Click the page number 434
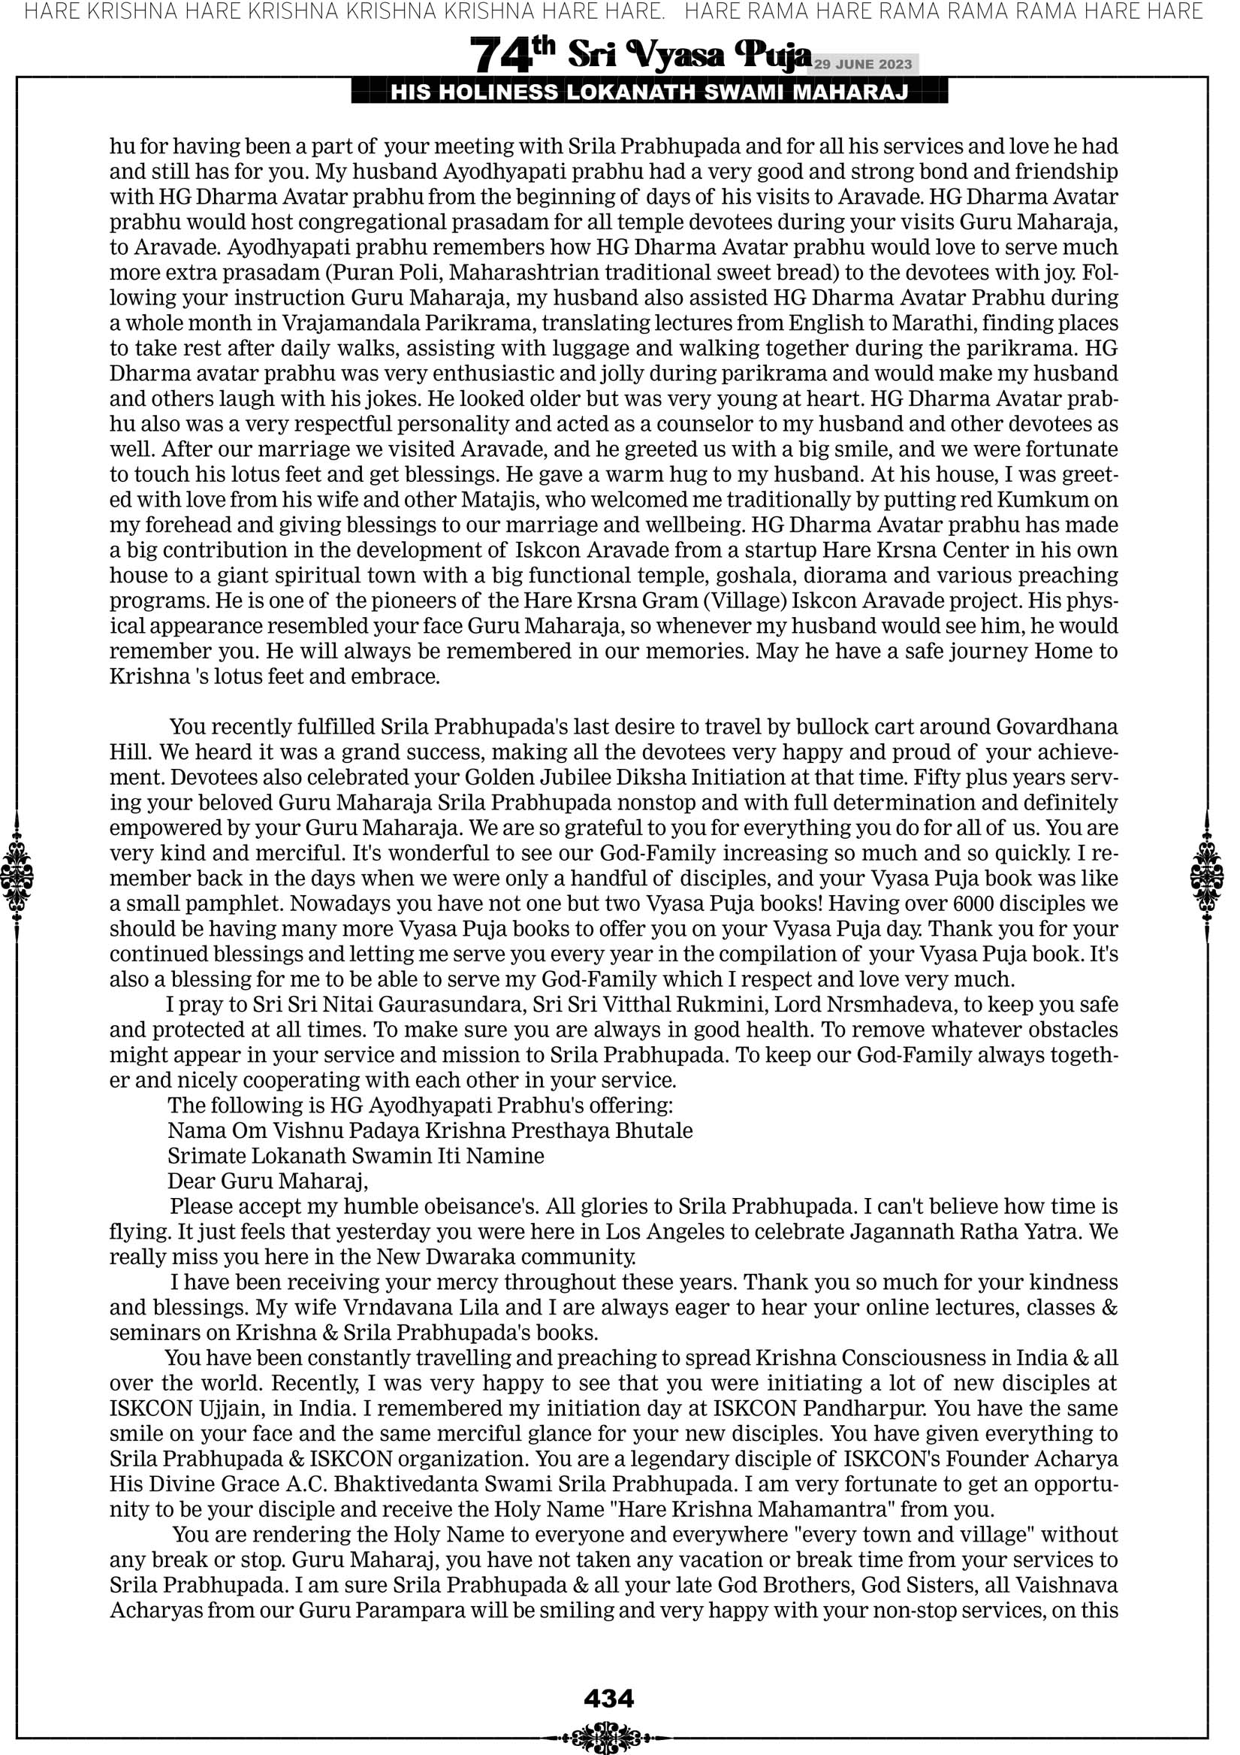(608, 1699)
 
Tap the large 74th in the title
(511, 55)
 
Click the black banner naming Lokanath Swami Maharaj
(650, 93)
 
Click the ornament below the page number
(608, 1737)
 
